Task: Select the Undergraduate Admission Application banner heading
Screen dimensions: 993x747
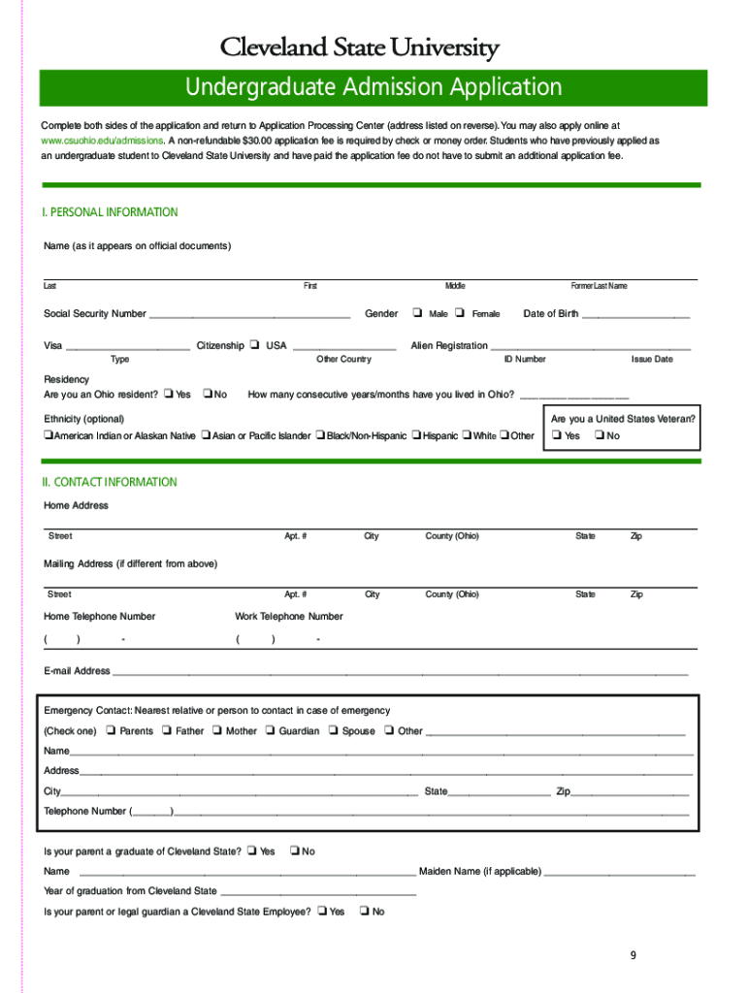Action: [x=373, y=87]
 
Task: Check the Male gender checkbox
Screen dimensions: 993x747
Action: [x=416, y=313]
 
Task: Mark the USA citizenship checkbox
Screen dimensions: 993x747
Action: [x=253, y=345]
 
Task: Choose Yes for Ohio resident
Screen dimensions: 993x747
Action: [x=168, y=394]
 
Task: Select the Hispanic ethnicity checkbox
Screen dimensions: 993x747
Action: [x=416, y=435]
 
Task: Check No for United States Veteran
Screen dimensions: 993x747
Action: [x=599, y=435]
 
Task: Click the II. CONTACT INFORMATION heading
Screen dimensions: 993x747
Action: [x=111, y=482]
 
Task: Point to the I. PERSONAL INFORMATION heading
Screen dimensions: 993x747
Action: [x=111, y=212]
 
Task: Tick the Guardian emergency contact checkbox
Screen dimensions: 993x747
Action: [x=270, y=731]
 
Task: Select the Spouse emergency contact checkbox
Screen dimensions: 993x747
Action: [x=333, y=731]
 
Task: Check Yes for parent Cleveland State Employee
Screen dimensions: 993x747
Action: [x=321, y=912]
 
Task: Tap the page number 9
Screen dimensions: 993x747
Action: [x=633, y=955]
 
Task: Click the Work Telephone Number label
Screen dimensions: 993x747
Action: [x=289, y=616]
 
